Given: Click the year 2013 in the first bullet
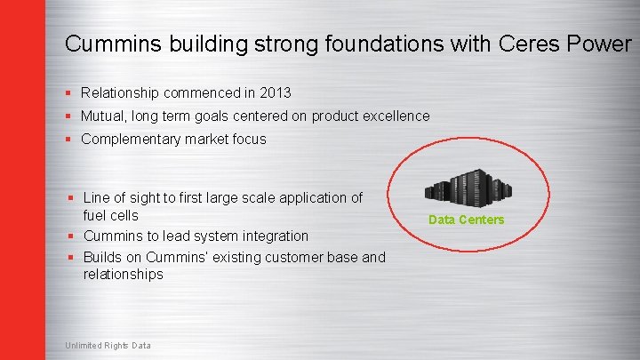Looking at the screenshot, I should pyautogui.click(x=275, y=92).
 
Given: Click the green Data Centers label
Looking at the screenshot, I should pyautogui.click(x=466, y=220).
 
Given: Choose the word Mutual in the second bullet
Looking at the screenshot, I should pyautogui.click(x=103, y=116).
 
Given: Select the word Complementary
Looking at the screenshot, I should pyautogui.click(x=131, y=139).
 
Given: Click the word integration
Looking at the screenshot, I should pyautogui.click(x=274, y=236).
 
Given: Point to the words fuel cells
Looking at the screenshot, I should pyautogui.click(x=110, y=215).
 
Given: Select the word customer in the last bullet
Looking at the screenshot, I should pyautogui.click(x=274, y=257).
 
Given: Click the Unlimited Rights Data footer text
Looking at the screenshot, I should pyautogui.click(x=108, y=345).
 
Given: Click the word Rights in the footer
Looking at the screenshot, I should pyautogui.click(x=116, y=345).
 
